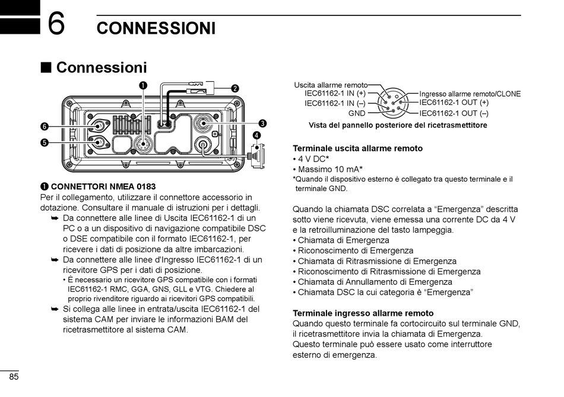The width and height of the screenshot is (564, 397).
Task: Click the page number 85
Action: click(x=14, y=377)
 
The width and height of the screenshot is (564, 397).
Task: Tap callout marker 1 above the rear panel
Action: click(x=143, y=85)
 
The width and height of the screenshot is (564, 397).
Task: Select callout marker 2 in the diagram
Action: click(x=235, y=88)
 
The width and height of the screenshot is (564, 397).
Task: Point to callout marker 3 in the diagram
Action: click(x=262, y=123)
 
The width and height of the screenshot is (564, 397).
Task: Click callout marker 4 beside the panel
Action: click(x=256, y=135)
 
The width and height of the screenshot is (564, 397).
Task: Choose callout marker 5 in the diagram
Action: click(x=44, y=142)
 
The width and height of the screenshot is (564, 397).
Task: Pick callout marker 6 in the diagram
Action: click(x=44, y=126)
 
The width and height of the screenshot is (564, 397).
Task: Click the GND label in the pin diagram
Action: click(x=357, y=113)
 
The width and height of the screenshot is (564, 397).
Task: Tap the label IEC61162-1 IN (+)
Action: click(x=335, y=93)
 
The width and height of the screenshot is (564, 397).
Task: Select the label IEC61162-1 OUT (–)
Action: click(x=454, y=113)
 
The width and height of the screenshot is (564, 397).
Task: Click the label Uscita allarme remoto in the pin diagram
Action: click(x=331, y=85)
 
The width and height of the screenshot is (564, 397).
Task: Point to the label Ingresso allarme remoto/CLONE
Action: click(x=470, y=94)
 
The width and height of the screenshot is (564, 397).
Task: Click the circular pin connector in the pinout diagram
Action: click(x=392, y=103)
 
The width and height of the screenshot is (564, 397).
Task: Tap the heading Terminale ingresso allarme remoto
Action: click(x=363, y=313)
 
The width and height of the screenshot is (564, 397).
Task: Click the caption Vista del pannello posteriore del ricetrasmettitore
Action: click(x=398, y=125)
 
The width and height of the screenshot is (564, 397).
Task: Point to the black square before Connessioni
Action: click(x=46, y=68)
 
